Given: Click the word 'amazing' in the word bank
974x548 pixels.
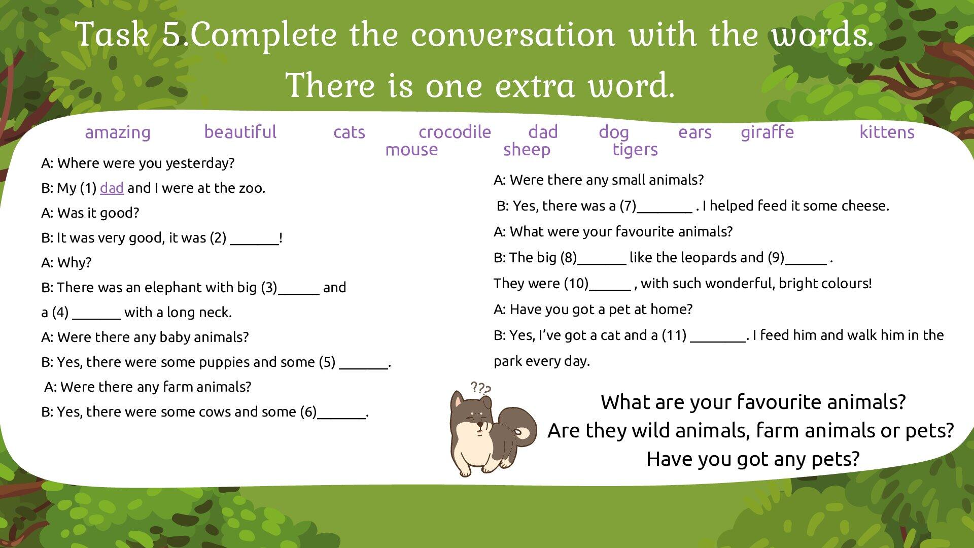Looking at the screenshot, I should pyautogui.click(x=118, y=132).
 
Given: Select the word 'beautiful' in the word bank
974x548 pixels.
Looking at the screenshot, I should pyautogui.click(x=240, y=132).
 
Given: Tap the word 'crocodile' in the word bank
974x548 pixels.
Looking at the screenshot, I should pyautogui.click(x=455, y=132).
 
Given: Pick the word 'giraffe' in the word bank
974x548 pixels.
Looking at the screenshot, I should pyautogui.click(x=767, y=132).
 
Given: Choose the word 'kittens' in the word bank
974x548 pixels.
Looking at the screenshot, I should pyautogui.click(x=887, y=132).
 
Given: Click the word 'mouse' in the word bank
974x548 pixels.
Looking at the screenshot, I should pyautogui.click(x=411, y=150).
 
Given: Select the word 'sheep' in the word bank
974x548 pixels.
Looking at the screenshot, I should pyautogui.click(x=527, y=150).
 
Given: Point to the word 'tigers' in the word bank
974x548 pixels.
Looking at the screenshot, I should pyautogui.click(x=635, y=150).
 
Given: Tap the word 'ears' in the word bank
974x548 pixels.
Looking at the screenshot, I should pyautogui.click(x=695, y=132).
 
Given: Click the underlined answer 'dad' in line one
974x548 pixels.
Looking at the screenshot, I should pyautogui.click(x=112, y=188).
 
